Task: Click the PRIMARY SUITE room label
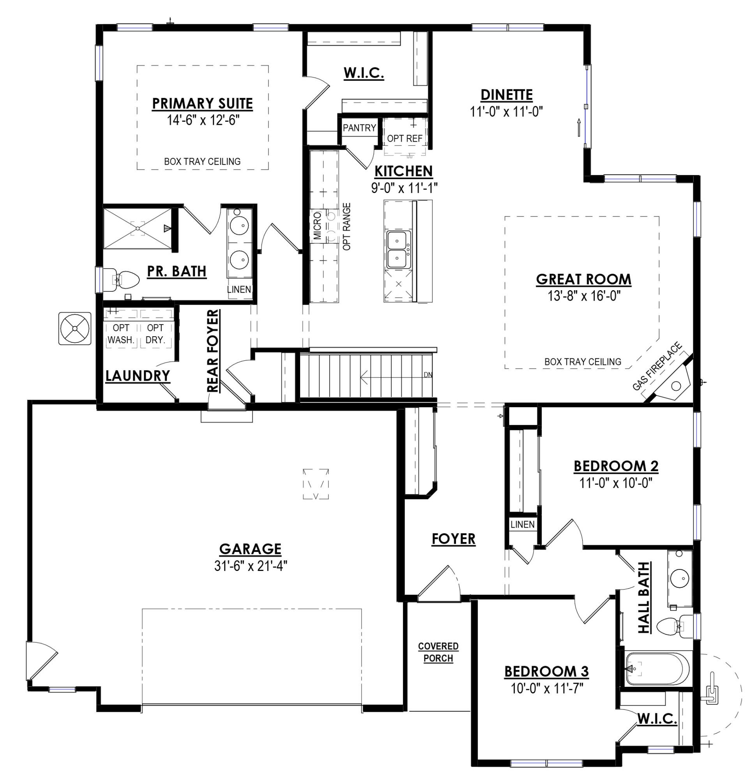(x=202, y=103)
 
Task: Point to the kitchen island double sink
(x=397, y=249)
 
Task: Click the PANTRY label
(x=359, y=128)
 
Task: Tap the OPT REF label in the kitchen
(x=404, y=138)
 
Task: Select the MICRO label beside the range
(x=317, y=226)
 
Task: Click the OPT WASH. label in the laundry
(x=120, y=333)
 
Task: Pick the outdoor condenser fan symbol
(x=75, y=328)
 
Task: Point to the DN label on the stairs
(x=428, y=374)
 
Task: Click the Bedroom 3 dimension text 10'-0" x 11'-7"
(x=546, y=688)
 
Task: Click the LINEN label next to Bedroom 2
(x=522, y=525)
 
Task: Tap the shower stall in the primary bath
(x=138, y=229)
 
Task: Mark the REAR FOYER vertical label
(x=213, y=351)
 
